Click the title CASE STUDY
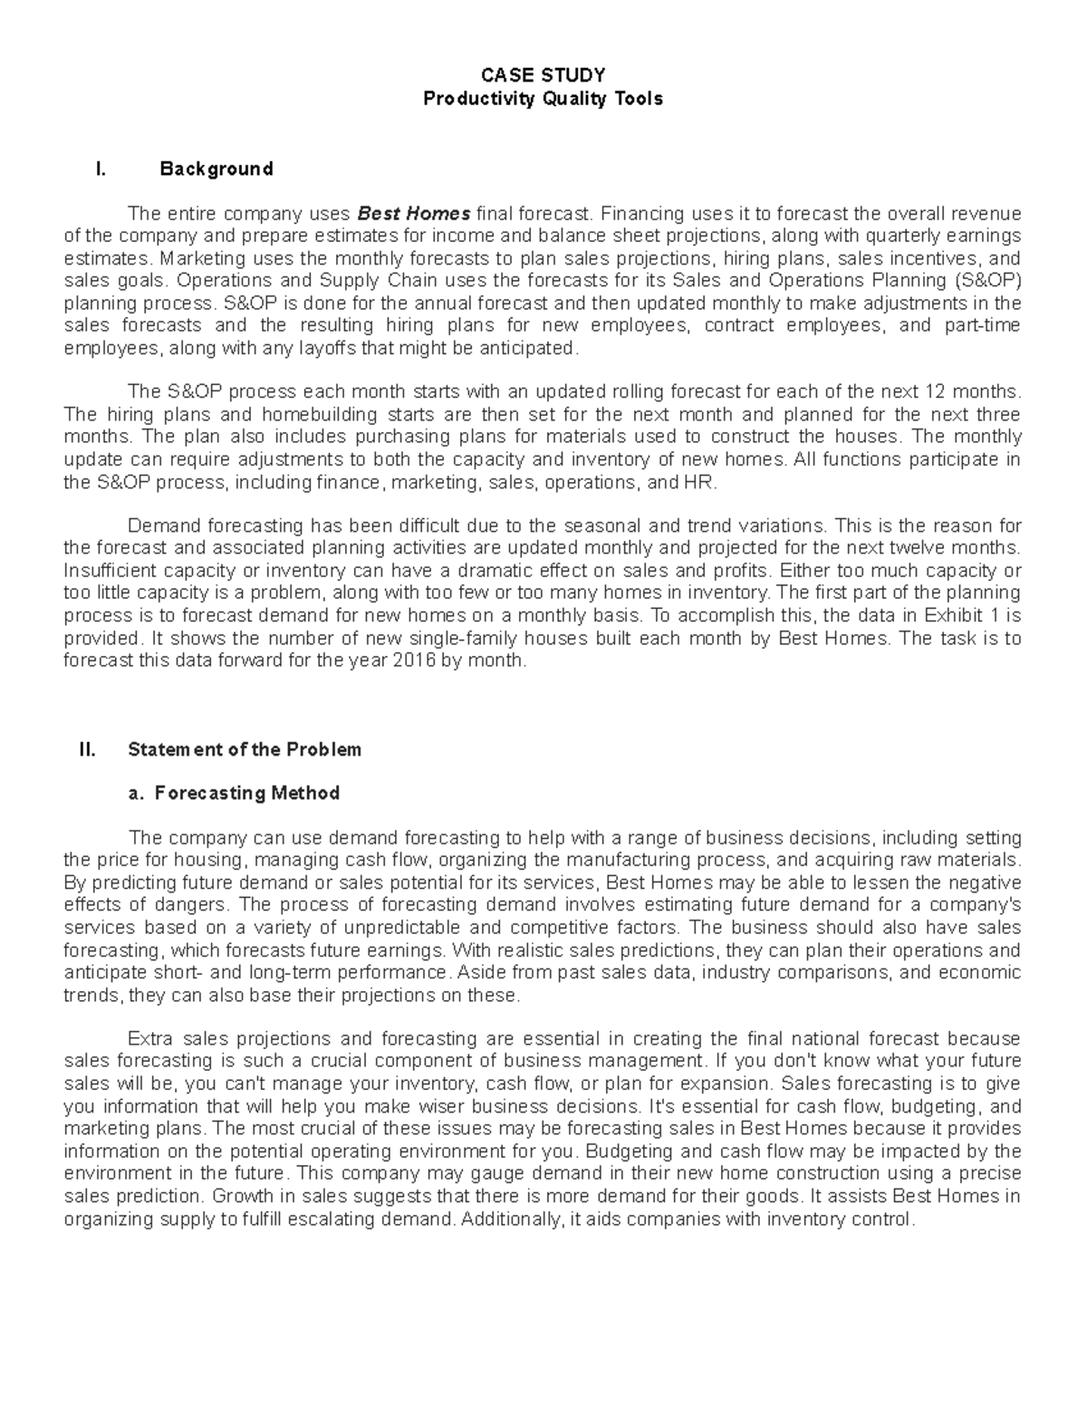pos(543,75)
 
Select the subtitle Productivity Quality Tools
pos(543,99)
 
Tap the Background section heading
pos(216,169)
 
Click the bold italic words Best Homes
pos(414,214)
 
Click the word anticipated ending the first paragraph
pos(535,349)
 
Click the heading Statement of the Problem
pos(245,749)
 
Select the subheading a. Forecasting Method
pos(234,793)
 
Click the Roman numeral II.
pos(88,749)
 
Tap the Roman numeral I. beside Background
pos(101,169)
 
